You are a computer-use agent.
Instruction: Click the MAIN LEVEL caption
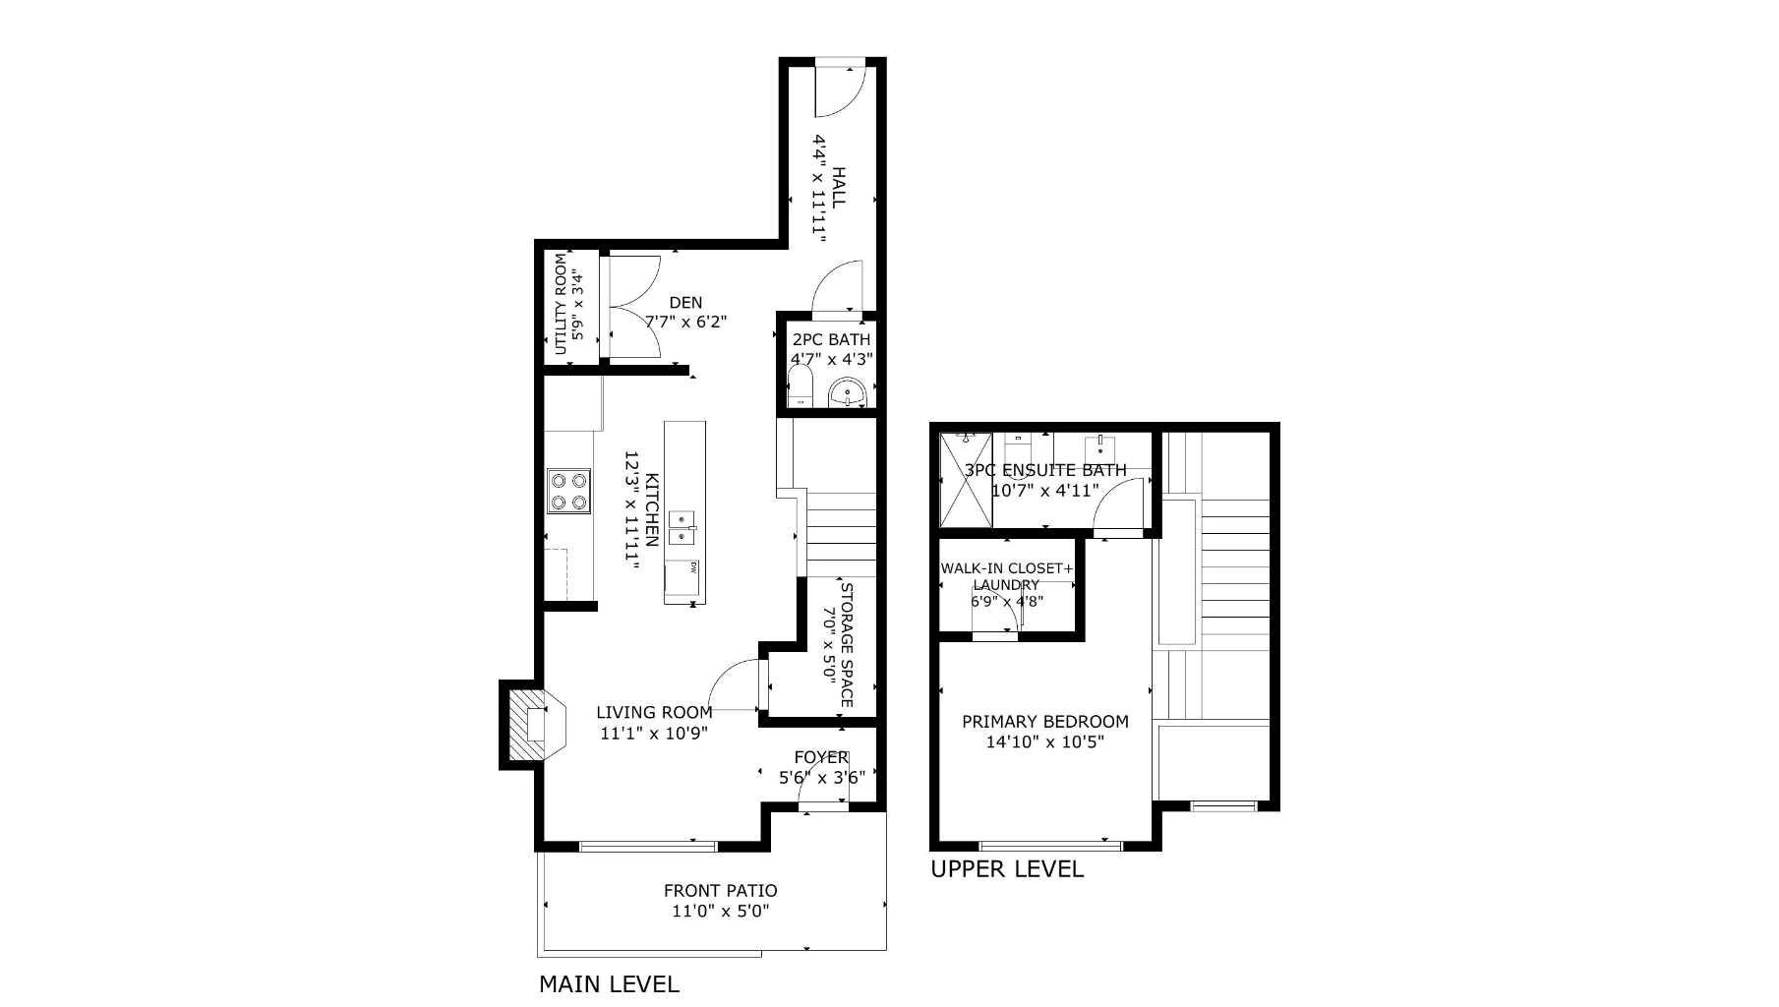[x=609, y=983]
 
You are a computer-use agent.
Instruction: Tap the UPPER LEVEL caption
[x=1006, y=869]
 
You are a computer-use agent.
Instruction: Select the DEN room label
[x=685, y=303]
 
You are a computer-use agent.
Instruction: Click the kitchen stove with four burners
[x=568, y=491]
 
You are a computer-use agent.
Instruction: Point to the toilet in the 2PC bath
[x=801, y=387]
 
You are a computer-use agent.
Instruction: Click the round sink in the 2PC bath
[x=846, y=394]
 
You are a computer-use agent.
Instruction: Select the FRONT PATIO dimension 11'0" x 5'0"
[x=720, y=912]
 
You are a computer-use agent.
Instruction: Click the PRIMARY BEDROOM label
[x=1044, y=722]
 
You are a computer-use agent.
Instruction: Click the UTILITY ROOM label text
[x=561, y=305]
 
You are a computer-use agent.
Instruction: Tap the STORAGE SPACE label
[x=846, y=645]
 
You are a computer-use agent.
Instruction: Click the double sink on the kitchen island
[x=682, y=528]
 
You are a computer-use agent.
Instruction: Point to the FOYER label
[x=820, y=757]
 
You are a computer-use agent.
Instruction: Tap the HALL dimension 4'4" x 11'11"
[x=818, y=187]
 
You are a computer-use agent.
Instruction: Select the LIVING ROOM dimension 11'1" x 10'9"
[x=654, y=733]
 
